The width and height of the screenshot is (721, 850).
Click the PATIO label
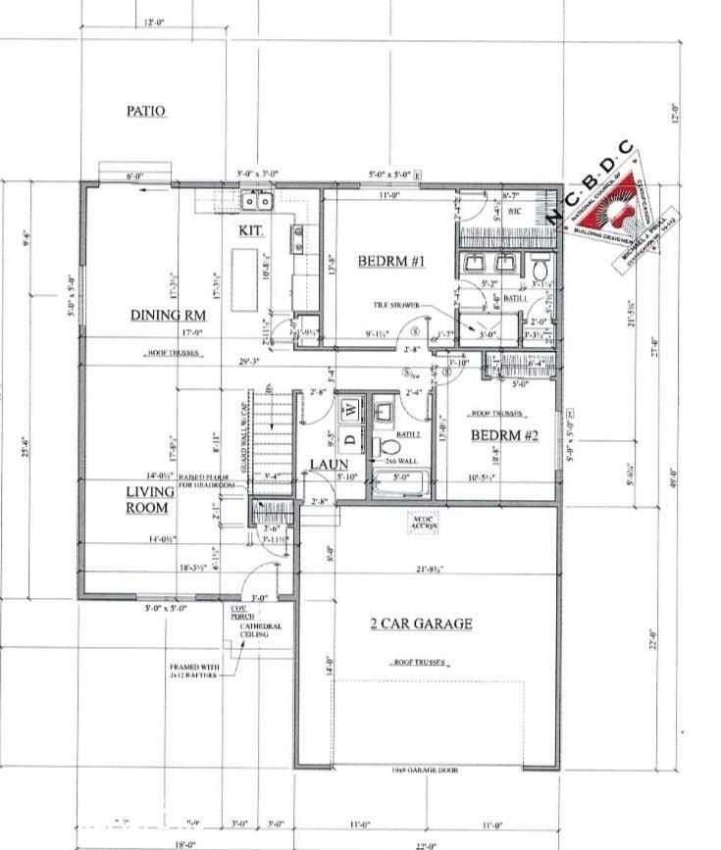tap(145, 112)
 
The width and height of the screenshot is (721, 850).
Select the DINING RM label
tap(168, 315)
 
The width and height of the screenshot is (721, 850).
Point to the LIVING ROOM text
tap(148, 500)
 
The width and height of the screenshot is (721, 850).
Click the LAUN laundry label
tap(325, 464)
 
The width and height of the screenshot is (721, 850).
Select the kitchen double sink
tap(259, 202)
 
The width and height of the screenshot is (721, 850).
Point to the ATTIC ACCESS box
tap(425, 523)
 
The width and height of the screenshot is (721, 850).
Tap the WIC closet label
tap(513, 211)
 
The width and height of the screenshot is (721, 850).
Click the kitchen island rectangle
tap(241, 266)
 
